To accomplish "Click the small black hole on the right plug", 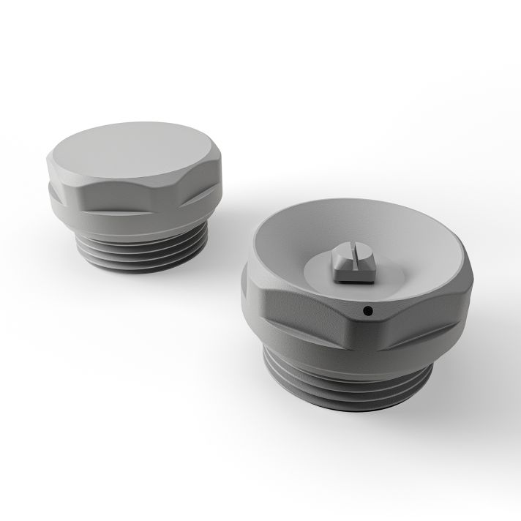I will pyautogui.click(x=367, y=311).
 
